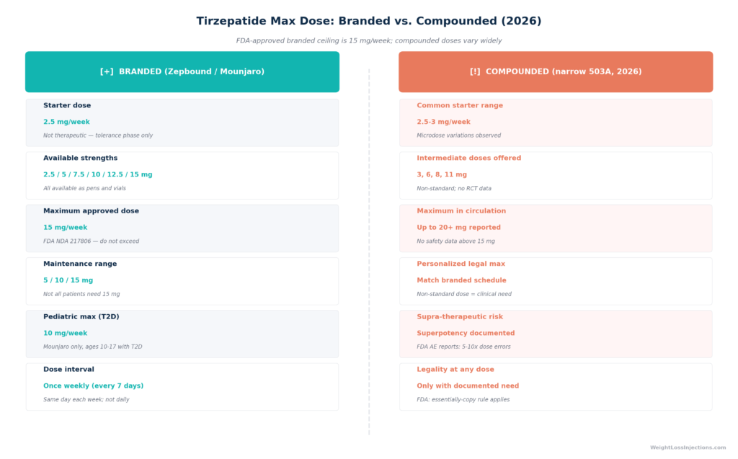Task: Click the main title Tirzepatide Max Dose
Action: [x=368, y=21]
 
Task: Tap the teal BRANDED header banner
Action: [x=182, y=71]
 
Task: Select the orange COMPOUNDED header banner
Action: [x=556, y=71]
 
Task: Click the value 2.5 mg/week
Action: [x=66, y=122]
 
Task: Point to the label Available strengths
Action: [x=81, y=159]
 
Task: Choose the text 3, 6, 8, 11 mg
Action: [x=442, y=174]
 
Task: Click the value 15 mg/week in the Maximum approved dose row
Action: [x=66, y=228]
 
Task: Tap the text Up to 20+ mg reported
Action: [x=458, y=228]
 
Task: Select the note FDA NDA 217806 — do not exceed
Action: [x=92, y=241]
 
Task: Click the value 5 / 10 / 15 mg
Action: [x=68, y=280]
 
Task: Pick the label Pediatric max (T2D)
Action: [x=81, y=316]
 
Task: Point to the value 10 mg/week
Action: [x=66, y=333]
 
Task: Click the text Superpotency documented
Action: [x=466, y=333]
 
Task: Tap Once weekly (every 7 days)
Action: [x=93, y=386]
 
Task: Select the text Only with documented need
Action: [x=468, y=386]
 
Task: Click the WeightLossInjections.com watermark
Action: [x=688, y=447]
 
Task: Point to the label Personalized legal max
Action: [x=461, y=264]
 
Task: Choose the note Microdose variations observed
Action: [x=459, y=135]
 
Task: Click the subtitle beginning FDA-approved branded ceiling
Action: [x=368, y=40]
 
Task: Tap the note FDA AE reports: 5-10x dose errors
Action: [x=463, y=347]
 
